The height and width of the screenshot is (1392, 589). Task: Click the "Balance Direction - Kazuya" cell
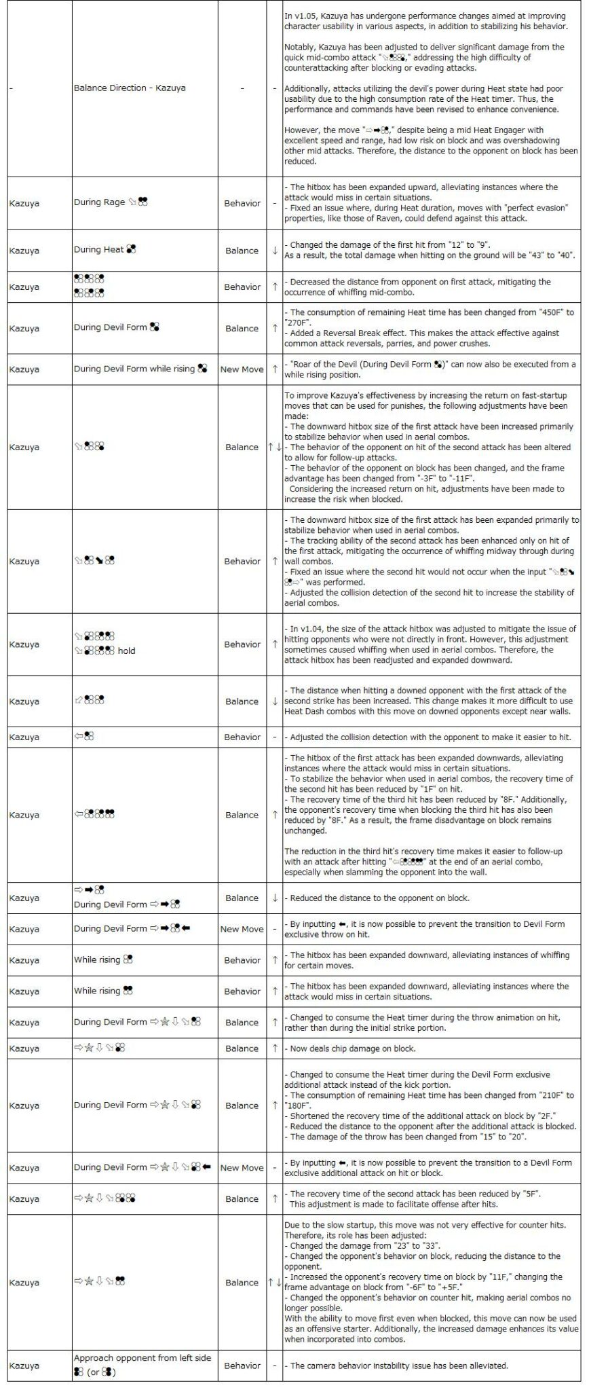(130, 88)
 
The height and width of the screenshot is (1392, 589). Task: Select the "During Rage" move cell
(111, 202)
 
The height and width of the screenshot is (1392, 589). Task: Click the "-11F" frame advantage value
(460, 478)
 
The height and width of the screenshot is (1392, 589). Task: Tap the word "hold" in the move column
(126, 651)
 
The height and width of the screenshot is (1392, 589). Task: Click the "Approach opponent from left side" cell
(142, 1358)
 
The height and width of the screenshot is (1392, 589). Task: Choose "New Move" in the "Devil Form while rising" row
(242, 369)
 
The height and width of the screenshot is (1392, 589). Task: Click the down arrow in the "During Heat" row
(275, 250)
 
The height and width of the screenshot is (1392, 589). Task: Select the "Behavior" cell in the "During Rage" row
(242, 203)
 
